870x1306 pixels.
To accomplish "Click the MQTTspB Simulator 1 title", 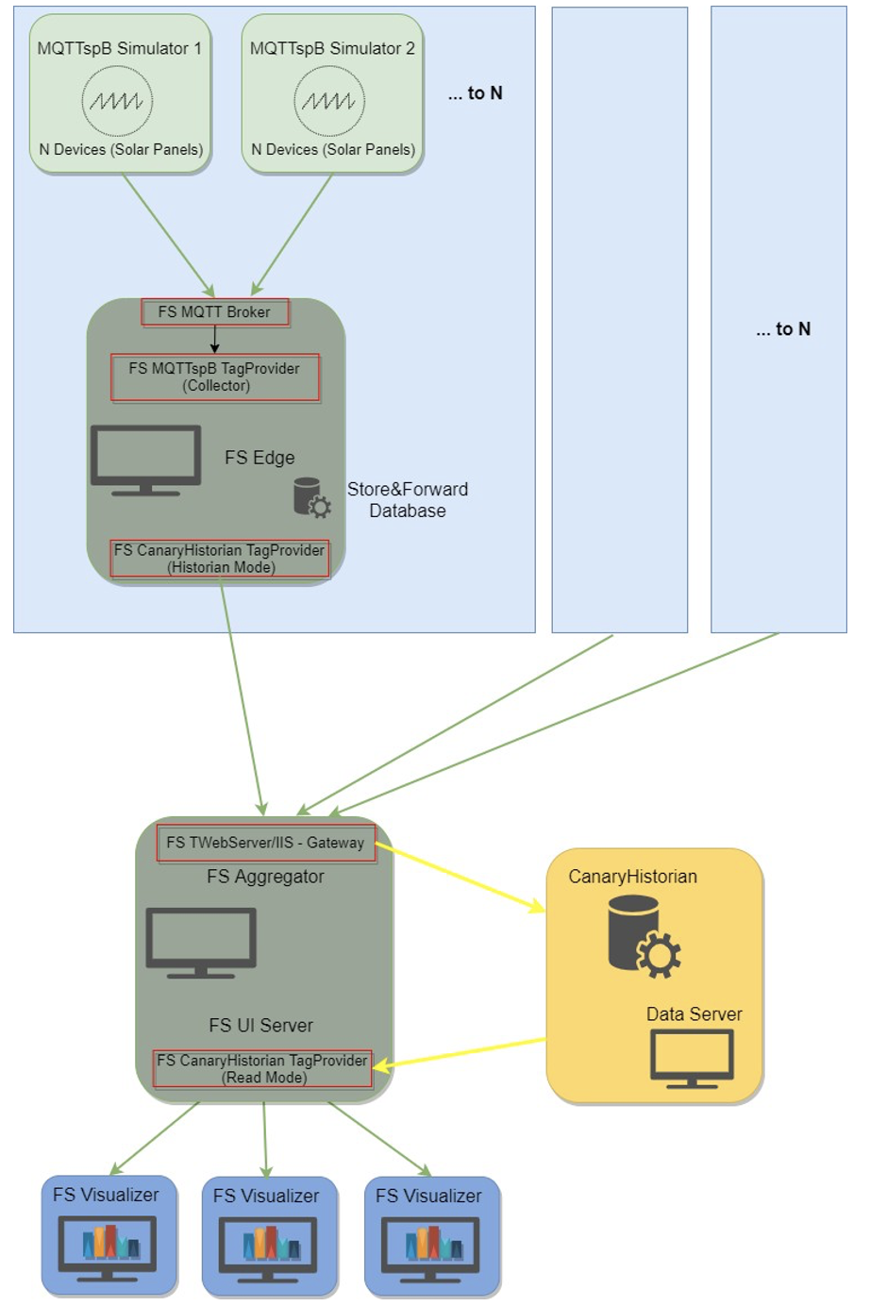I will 119,48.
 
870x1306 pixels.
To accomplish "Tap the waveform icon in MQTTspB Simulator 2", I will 329,101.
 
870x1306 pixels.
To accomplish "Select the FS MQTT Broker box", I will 214,312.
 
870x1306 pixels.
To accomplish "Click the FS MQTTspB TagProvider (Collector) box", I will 214,377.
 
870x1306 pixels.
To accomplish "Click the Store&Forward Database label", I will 408,500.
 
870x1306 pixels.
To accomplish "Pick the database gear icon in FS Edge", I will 311,498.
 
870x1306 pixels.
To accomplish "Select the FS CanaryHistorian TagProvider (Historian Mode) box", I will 220,559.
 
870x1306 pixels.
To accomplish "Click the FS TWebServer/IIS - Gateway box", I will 265,843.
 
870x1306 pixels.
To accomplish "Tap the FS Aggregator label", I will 265,877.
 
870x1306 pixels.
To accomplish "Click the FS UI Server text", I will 260,1026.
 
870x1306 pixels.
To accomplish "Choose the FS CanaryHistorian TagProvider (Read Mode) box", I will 262,1069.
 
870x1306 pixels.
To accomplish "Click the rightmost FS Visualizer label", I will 428,1196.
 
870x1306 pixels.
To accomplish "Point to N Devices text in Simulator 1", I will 121,149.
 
